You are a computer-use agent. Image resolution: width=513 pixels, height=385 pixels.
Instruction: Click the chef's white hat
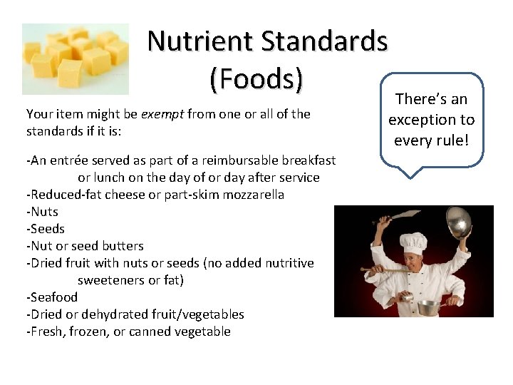click(x=413, y=242)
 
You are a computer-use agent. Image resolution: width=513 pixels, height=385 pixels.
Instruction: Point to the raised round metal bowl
click(x=460, y=224)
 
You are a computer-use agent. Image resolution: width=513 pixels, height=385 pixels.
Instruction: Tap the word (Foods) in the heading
click(x=256, y=79)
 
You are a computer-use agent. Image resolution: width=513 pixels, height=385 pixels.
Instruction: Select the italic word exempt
click(x=162, y=114)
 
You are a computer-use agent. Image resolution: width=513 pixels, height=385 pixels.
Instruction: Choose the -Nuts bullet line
click(x=43, y=212)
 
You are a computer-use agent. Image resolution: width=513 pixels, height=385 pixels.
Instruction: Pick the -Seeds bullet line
click(x=46, y=229)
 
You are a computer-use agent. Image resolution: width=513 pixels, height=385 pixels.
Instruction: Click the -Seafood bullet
click(x=52, y=297)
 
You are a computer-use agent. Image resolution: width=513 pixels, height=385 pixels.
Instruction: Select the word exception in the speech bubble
click(x=423, y=120)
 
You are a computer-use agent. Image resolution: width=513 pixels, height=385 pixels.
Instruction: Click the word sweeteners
click(x=113, y=280)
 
